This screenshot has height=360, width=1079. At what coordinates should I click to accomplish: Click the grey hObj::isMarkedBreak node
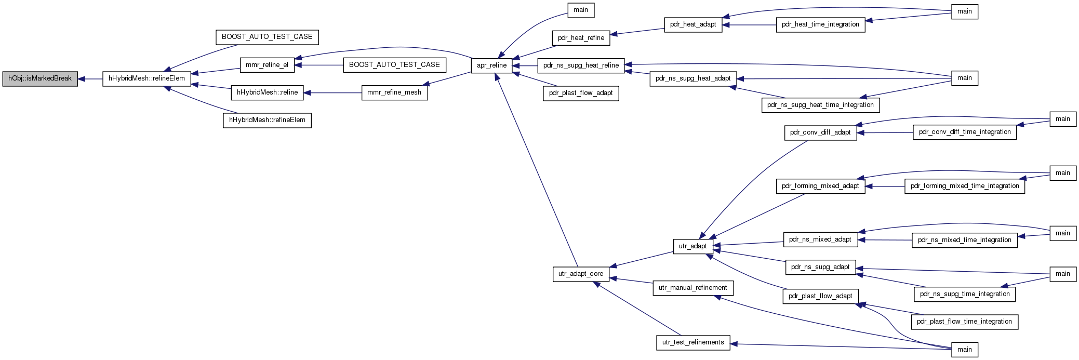40,79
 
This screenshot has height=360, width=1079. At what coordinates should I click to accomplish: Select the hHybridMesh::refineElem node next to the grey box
146,79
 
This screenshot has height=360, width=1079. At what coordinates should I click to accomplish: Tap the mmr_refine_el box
267,65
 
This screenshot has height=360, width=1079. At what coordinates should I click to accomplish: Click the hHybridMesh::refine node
267,92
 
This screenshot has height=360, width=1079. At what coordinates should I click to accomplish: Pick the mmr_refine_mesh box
394,92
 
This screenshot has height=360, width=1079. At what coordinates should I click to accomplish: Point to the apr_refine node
491,65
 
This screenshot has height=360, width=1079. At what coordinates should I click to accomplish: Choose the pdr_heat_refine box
581,38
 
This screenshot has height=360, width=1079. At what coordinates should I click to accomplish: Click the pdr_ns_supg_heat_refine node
581,65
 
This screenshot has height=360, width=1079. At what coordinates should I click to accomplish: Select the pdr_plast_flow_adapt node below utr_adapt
820,296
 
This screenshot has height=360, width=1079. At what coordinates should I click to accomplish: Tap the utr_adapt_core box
581,274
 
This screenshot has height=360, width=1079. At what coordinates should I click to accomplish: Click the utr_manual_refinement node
693,288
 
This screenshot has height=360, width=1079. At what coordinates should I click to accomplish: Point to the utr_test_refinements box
693,342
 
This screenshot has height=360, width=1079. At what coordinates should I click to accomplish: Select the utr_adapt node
693,246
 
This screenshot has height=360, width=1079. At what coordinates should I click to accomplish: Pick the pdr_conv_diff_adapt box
820,132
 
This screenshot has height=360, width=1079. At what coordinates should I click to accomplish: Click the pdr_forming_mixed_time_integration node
965,186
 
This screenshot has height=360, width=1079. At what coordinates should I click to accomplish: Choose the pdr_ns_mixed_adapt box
820,239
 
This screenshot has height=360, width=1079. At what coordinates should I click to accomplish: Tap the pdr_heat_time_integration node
820,24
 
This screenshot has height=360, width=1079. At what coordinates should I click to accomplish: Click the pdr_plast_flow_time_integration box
965,322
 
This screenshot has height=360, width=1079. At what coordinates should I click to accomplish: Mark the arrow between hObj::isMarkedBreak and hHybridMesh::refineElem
90,79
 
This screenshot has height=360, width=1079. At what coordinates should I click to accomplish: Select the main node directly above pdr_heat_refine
581,10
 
